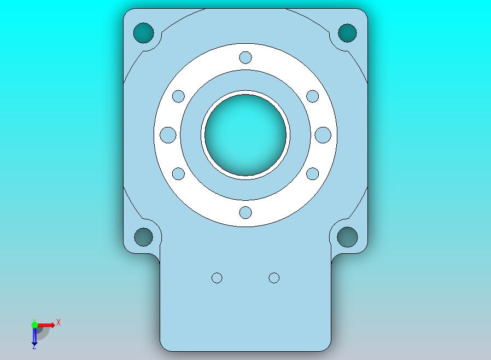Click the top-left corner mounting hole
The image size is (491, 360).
[143, 33]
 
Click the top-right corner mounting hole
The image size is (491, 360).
[347, 33]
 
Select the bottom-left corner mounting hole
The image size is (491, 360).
[143, 237]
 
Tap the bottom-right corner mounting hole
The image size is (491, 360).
[347, 237]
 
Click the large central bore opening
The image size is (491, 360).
[245, 135]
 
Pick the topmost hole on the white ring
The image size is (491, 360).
[245, 57]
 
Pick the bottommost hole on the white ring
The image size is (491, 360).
[245, 212]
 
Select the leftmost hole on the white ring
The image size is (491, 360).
[168, 135]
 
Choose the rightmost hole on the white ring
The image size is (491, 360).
[323, 135]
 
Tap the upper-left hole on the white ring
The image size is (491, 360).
[178, 96]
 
